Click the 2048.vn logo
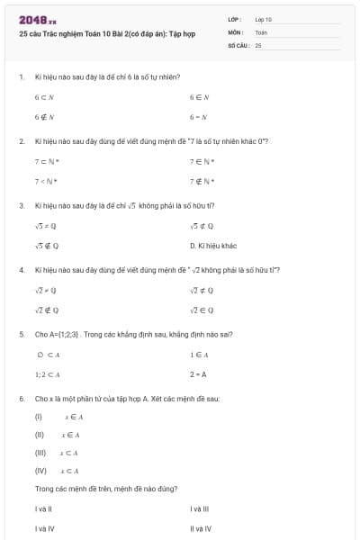(x=37, y=19)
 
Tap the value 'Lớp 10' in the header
(x=264, y=19)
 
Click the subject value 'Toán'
(x=261, y=31)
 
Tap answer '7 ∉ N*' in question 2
(x=201, y=181)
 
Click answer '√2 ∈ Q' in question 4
(x=201, y=310)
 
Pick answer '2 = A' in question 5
(x=198, y=373)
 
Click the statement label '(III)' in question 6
(x=40, y=453)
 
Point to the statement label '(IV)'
(x=40, y=470)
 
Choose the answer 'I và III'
(x=200, y=509)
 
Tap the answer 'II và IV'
(x=201, y=528)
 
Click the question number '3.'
(x=21, y=205)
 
